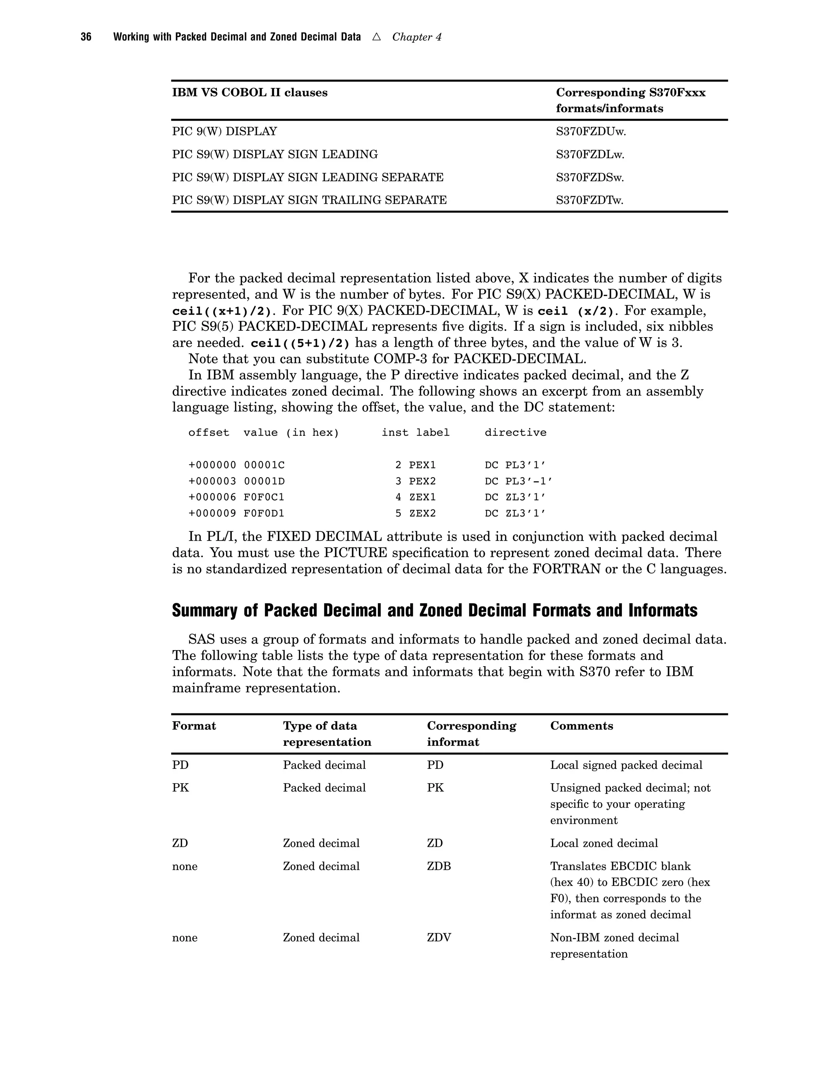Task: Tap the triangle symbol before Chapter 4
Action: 376,37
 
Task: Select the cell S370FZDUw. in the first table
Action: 590,131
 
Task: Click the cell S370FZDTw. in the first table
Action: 590,200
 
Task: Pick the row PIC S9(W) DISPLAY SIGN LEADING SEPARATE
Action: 308,177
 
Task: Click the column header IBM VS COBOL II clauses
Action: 250,92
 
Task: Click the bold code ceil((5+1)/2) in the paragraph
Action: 300,343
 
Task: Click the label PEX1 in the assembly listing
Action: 422,465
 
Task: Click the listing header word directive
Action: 515,432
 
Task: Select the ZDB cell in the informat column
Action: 439,866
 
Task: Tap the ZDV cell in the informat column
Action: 439,938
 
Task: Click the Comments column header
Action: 581,726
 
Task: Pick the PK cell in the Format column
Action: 180,788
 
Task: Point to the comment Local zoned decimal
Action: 604,843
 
